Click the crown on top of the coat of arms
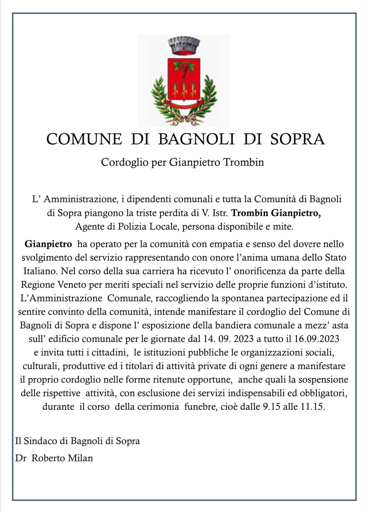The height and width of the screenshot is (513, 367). coord(184,45)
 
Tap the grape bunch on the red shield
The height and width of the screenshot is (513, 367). coord(184,69)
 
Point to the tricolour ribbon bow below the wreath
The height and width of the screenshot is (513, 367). coord(184,120)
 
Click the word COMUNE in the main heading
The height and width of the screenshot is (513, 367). coord(84,139)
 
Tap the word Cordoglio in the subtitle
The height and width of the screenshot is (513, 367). coord(122,162)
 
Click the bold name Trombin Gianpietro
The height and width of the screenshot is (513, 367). coord(276,213)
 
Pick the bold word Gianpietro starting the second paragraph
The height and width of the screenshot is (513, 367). coord(48,244)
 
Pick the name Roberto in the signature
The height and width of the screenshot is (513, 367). coord(48,458)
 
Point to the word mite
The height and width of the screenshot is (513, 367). coord(283,227)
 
